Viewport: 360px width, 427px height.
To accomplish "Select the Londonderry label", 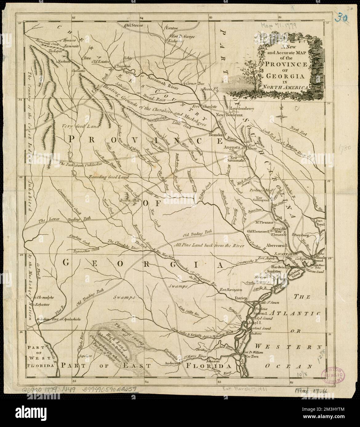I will (x=242, y=108).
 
